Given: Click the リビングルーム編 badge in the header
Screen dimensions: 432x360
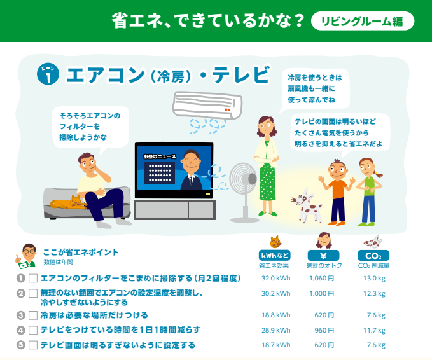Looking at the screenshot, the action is coord(363,21).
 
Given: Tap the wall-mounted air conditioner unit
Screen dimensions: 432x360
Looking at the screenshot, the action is coord(207,105).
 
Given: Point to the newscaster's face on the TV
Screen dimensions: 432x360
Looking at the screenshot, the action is coord(191,160).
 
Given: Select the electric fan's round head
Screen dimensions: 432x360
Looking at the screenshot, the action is coord(243,179).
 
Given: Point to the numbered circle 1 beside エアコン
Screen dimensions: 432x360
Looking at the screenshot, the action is coord(48,74).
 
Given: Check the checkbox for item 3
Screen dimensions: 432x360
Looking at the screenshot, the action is coord(33,315).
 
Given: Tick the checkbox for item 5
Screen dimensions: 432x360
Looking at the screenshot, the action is coord(33,345).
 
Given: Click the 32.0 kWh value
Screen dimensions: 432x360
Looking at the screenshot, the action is coord(275,278).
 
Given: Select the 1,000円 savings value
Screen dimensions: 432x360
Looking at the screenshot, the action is coord(321,293).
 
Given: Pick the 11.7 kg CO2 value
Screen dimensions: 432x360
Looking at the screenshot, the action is coord(374,330).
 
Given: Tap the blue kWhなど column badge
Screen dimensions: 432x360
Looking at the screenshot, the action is coord(274,255).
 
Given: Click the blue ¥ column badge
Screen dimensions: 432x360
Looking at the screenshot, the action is coord(323,255).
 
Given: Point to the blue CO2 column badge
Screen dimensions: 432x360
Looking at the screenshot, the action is coord(373,255).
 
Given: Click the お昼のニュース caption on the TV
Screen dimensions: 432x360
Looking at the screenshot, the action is coord(160,156).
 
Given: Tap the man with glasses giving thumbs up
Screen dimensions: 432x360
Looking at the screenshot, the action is coord(26,256).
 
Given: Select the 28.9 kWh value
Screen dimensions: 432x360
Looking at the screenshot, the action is coord(275,330).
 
